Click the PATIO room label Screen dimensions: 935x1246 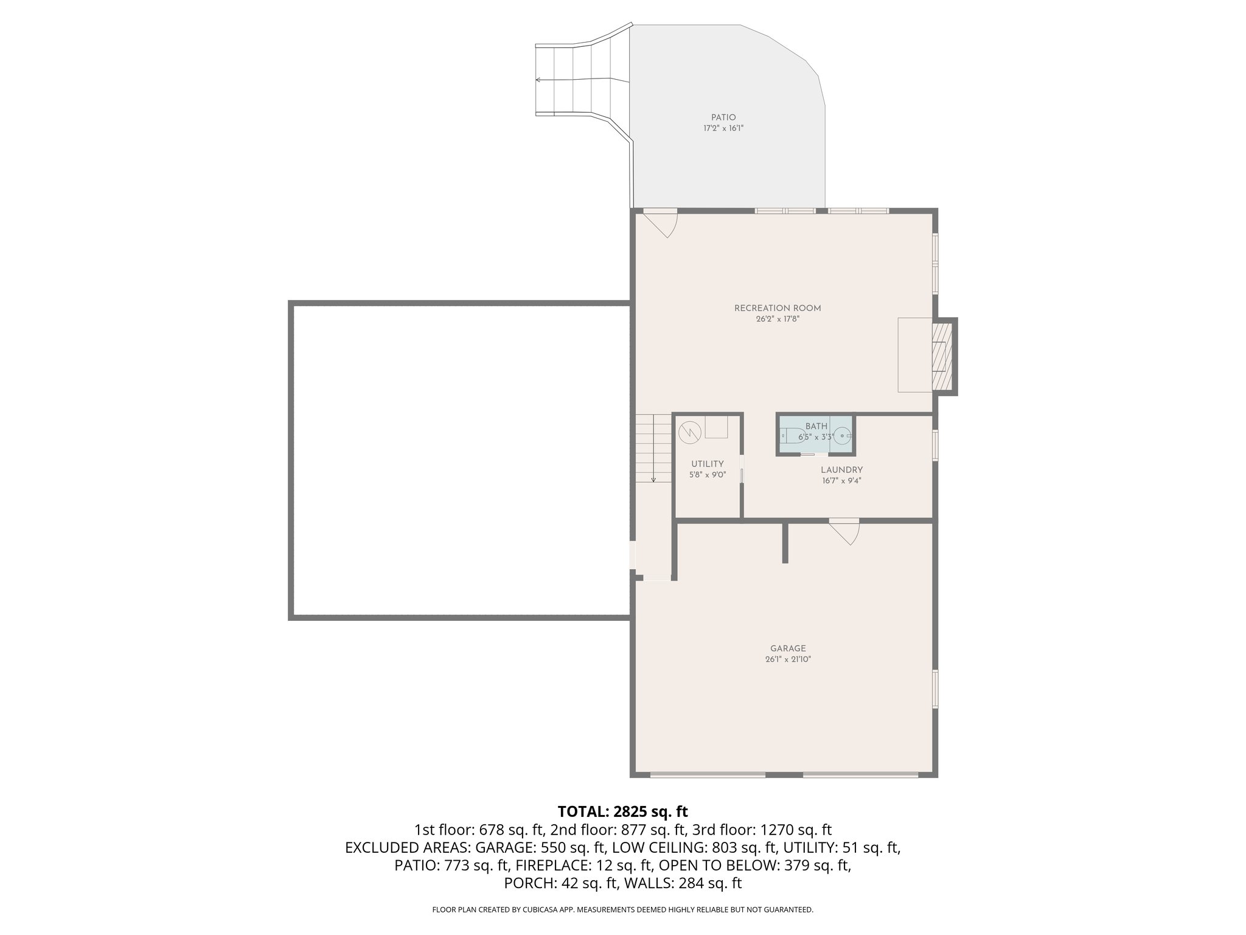coord(723,117)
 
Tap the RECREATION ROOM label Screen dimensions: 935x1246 coord(778,308)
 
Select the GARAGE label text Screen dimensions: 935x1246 coord(788,648)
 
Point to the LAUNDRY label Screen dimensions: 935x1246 coord(841,470)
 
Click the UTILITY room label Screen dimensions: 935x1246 coord(707,464)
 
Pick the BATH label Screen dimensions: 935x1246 coord(816,426)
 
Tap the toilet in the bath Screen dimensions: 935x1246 coord(792,436)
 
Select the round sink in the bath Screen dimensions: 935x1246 coord(842,436)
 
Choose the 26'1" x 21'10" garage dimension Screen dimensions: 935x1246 coord(788,659)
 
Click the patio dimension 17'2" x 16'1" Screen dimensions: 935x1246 coord(723,128)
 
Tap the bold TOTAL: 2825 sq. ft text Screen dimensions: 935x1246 coord(622,811)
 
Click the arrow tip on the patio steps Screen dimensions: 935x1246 coord(537,79)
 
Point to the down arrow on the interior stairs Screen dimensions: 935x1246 coord(653,480)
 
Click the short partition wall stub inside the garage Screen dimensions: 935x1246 coord(785,542)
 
